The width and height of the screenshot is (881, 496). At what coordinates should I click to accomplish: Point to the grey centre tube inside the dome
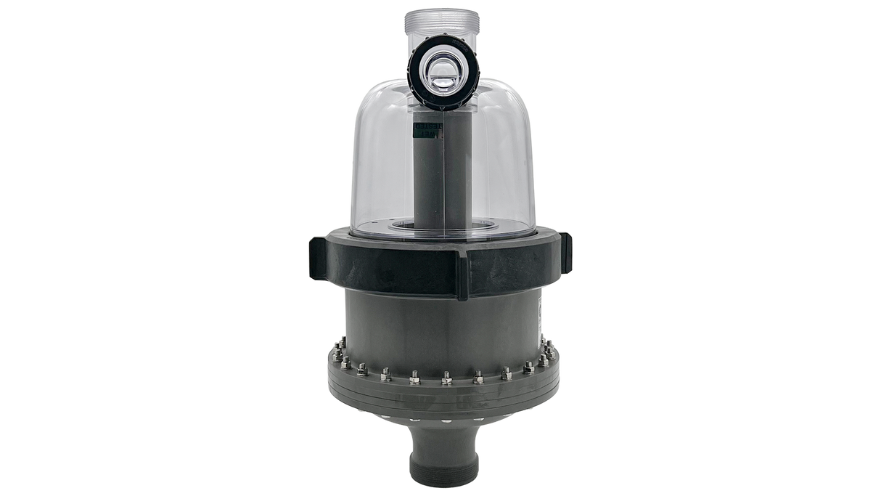440,182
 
